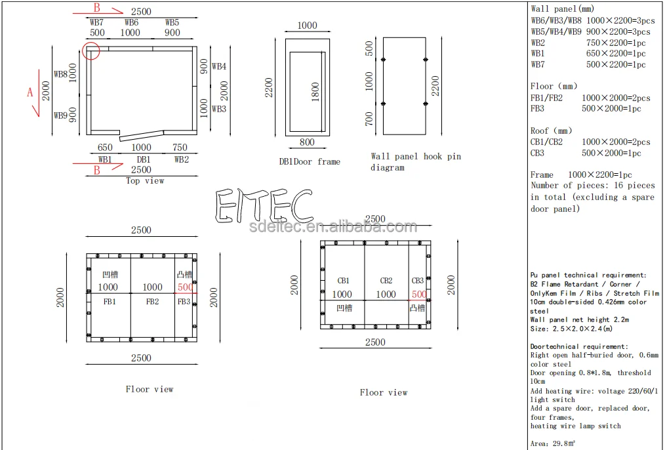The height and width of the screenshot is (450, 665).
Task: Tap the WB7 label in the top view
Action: tap(96, 22)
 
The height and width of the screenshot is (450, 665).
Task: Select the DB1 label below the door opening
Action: tap(144, 159)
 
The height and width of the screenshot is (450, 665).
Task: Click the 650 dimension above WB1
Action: tap(105, 147)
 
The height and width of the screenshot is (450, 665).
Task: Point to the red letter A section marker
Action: tap(30, 92)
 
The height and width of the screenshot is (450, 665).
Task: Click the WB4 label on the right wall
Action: tap(219, 66)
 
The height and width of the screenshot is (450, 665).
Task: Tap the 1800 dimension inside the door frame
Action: tap(315, 92)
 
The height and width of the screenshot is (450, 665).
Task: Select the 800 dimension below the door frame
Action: tap(307, 142)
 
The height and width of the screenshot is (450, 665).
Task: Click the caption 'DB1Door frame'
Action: tap(310, 161)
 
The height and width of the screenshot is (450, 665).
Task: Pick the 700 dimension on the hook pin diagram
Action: tap(369, 119)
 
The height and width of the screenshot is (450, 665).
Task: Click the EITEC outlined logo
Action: tap(264, 205)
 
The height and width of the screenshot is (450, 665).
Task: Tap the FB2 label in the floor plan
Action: tap(152, 302)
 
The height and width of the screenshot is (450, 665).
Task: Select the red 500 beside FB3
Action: tap(186, 287)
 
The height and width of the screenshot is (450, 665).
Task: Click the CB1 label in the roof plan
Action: tap(344, 281)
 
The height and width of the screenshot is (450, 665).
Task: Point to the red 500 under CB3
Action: tap(419, 295)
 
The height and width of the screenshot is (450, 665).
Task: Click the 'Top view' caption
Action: tap(145, 180)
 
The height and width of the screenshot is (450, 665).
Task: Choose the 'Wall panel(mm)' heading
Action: tap(563, 9)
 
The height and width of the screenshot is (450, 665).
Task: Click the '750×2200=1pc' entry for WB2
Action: tap(616, 43)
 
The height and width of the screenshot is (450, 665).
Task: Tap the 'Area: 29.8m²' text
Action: tap(553, 443)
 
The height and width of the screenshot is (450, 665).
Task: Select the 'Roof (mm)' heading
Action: tap(551, 131)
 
